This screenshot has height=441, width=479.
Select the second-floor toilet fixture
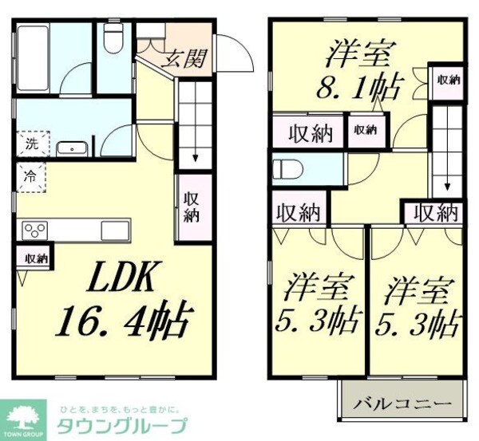286,169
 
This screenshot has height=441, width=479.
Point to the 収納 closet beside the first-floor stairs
192,207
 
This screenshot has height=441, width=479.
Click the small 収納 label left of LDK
35,258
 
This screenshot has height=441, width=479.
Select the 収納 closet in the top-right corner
448,79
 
